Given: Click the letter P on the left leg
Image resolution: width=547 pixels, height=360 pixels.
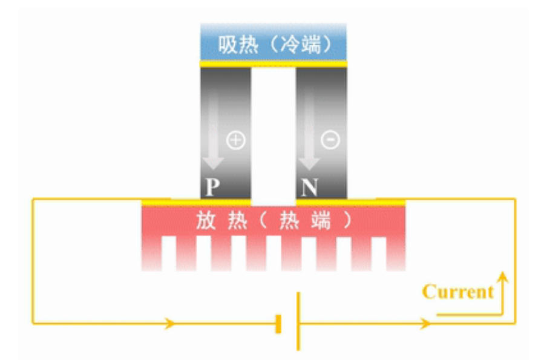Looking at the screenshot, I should (211, 188).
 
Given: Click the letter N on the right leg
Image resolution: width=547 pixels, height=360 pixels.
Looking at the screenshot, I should (309, 188).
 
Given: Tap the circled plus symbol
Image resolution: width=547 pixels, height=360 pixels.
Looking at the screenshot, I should (235, 140).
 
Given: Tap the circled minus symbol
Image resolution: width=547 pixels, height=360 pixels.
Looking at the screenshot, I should (330, 140).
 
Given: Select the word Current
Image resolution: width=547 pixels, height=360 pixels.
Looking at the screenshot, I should (458, 292).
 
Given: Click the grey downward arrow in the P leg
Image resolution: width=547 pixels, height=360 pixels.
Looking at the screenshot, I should (213, 139).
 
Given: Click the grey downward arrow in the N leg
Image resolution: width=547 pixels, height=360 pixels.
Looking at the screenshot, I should (309, 139).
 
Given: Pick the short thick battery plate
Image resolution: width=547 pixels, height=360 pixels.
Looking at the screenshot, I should (278, 324).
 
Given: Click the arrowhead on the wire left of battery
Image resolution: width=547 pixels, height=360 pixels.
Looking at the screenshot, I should (170, 324).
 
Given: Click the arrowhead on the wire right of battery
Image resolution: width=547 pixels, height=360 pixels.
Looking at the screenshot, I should (426, 324).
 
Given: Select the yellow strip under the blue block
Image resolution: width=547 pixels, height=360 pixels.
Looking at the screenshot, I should (273, 63).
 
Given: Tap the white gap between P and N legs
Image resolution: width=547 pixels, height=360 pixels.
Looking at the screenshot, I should (273, 133).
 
